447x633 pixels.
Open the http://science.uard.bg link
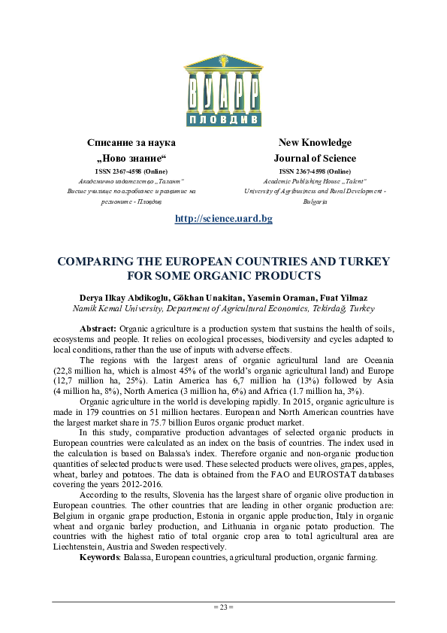click(x=223, y=219)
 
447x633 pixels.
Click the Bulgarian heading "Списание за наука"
click(x=131, y=142)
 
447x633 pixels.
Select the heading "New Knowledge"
click(x=315, y=142)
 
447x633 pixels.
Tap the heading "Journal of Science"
click(x=315, y=158)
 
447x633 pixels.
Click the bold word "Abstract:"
click(x=98, y=329)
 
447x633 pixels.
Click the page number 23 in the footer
click(x=223, y=607)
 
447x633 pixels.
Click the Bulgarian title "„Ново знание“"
click(x=131, y=158)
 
